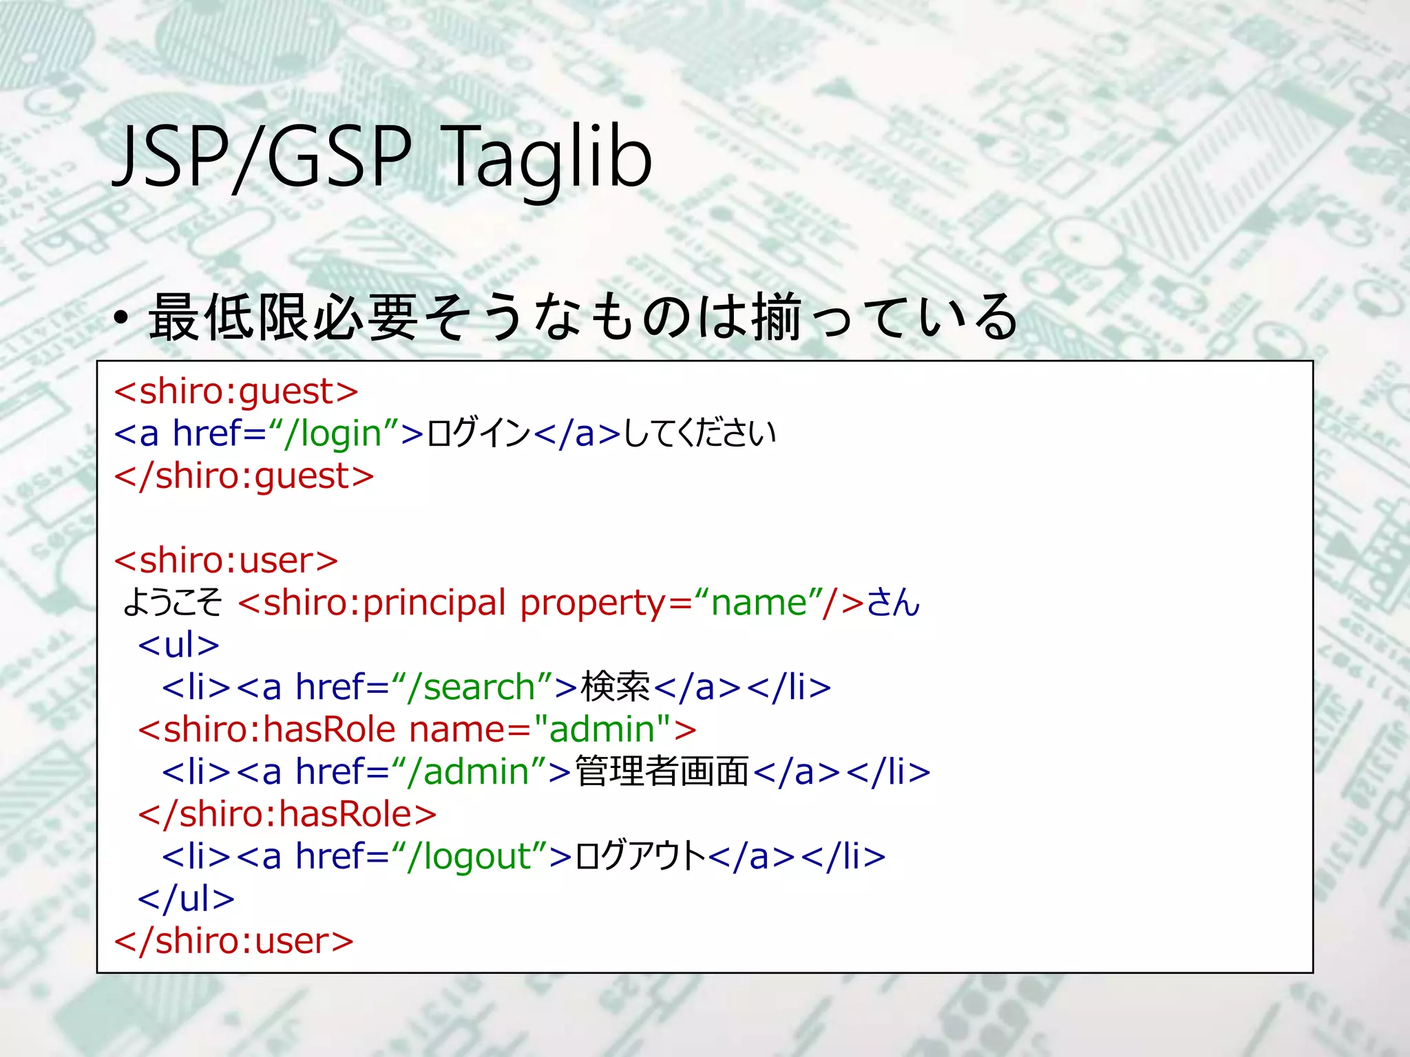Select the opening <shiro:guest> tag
coord(236,392)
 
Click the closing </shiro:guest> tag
coord(244,476)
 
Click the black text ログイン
coord(478,434)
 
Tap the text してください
coord(699,434)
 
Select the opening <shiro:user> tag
coord(227,561)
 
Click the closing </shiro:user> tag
coord(234,941)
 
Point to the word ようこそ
coord(173,603)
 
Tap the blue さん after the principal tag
coord(893,603)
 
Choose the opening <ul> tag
coord(178,645)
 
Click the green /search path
coord(472,687)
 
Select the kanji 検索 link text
coord(615,687)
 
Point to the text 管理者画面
coord(662,771)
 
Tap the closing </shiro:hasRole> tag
coord(287,814)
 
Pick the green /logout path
coord(470,857)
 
